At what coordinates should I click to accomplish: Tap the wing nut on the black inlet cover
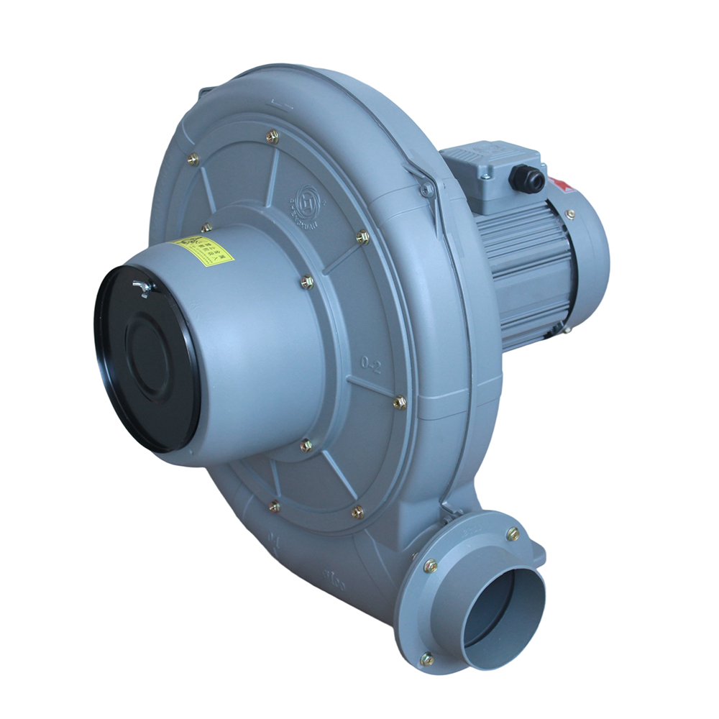click(142, 288)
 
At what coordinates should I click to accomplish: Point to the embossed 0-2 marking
click(372, 365)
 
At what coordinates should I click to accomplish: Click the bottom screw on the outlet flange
click(427, 658)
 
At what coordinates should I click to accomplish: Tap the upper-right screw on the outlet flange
click(513, 533)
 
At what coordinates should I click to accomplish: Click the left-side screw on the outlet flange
click(430, 566)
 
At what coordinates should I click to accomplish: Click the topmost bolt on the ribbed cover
click(272, 137)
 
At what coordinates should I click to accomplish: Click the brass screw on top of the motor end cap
click(569, 214)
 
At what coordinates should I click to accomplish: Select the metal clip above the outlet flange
click(450, 513)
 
